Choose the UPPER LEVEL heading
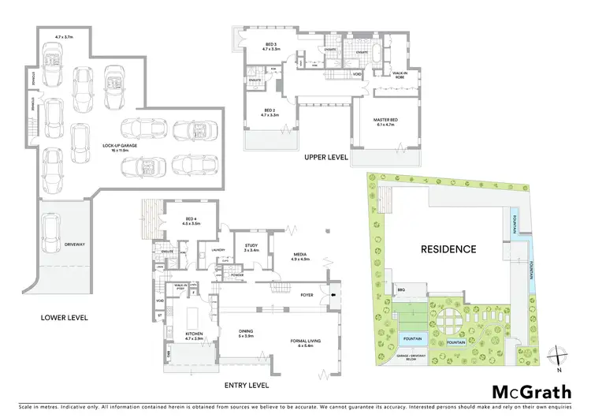(326, 158)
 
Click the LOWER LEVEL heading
(65, 318)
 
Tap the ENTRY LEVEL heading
(246, 386)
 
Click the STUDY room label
(251, 247)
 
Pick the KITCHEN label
(194, 334)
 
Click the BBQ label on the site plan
(402, 290)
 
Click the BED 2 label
(269, 111)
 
